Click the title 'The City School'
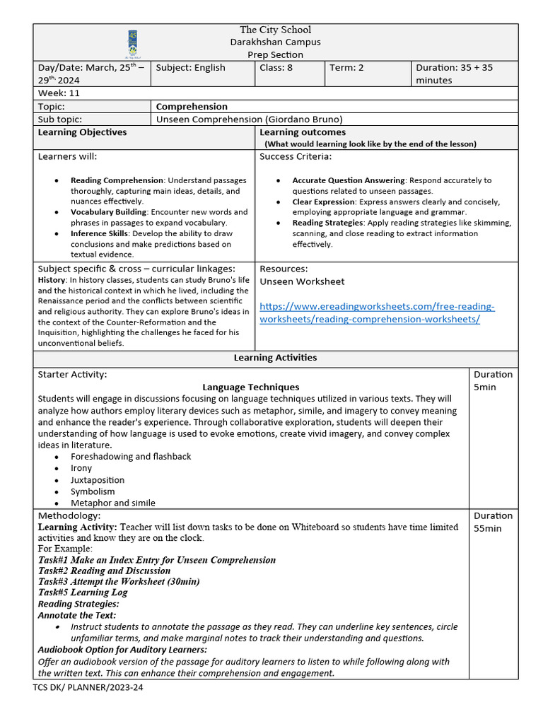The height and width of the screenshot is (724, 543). point(275,30)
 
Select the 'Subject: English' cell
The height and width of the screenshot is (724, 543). point(190,68)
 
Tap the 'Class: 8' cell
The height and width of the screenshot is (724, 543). point(276,68)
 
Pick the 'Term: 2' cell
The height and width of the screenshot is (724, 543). point(346,68)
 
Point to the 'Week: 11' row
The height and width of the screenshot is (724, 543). point(59,93)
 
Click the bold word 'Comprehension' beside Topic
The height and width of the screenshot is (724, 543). point(192,107)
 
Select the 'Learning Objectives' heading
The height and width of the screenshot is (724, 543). point(82,132)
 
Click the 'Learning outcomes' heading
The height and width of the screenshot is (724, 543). point(303,132)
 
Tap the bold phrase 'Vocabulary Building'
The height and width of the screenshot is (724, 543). point(108,212)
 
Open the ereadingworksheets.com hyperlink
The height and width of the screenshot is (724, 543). point(377,313)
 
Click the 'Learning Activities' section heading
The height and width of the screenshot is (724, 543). point(275,358)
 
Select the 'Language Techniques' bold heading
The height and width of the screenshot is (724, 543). point(250,387)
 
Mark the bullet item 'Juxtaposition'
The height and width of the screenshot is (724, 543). point(98,480)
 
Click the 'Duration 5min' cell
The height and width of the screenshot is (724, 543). point(493,380)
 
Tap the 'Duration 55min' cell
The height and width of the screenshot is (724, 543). point(493,522)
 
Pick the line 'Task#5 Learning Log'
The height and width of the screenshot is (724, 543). point(82,592)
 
